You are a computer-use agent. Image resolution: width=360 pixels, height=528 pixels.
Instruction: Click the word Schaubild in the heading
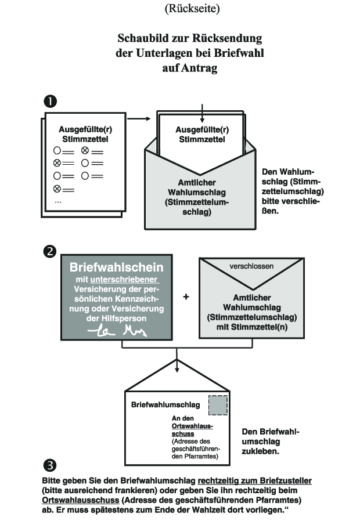pos(142,39)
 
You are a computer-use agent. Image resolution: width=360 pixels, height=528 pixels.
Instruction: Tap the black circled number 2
pos(51,251)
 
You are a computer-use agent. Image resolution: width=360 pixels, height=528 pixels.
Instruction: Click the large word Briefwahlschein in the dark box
pos(117,267)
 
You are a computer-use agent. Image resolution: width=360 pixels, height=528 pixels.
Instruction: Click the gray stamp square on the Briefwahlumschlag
pos(218,406)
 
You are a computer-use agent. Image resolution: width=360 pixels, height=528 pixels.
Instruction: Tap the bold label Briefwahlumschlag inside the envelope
pos(165,404)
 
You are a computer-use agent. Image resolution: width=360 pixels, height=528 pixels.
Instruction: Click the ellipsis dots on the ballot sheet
pos(58,200)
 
